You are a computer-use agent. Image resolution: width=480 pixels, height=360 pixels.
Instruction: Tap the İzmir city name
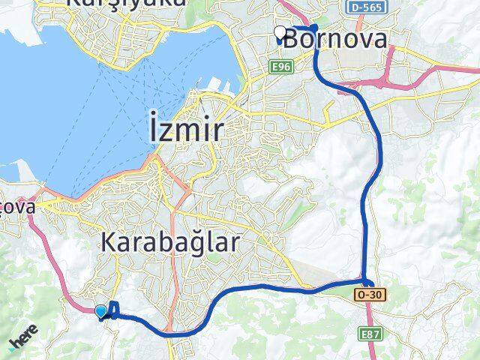181,131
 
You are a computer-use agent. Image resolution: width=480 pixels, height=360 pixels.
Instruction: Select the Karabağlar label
169,242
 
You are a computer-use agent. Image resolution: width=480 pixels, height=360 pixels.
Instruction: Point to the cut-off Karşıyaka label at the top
126,4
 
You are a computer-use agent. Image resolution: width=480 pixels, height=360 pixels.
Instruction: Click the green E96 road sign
281,67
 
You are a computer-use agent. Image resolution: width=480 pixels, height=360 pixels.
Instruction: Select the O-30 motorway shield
370,295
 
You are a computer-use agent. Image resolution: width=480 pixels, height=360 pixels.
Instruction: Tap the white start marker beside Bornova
280,32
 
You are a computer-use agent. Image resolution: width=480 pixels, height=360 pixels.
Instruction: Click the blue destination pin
101,310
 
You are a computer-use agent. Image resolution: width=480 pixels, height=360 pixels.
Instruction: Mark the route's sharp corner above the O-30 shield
367,282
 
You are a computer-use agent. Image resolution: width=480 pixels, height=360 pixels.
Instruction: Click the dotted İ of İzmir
147,130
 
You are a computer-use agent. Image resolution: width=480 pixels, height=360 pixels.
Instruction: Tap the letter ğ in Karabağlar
191,245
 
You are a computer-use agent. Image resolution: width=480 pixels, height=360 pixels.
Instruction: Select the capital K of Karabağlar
108,242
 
